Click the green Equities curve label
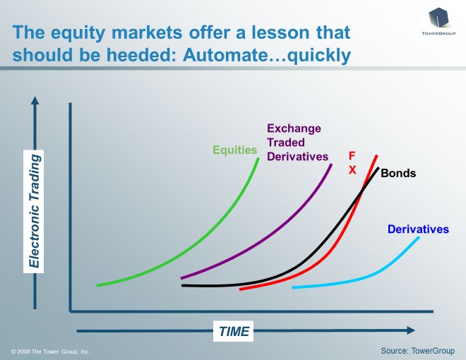click(x=235, y=150)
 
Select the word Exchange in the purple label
click(x=294, y=128)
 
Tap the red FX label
click(x=352, y=163)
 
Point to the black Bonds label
click(x=398, y=173)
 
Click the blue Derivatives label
click(x=418, y=229)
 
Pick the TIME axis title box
click(x=234, y=331)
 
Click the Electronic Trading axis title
click(x=34, y=211)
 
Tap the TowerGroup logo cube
click(x=438, y=18)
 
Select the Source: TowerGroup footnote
click(x=417, y=351)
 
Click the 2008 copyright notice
click(x=51, y=352)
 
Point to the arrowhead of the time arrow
click(x=411, y=330)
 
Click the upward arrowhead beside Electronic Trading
click(x=35, y=100)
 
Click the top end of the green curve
click(x=258, y=159)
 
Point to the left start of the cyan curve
click(x=293, y=287)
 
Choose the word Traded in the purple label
click(x=286, y=143)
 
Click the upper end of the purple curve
click(x=331, y=164)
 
